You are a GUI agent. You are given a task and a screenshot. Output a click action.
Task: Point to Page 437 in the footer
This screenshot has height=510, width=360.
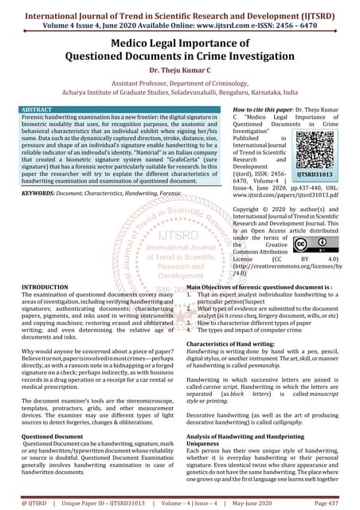(x=329, y=503)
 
